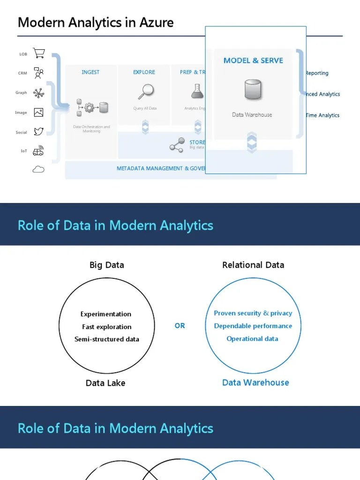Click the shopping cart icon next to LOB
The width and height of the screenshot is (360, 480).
[39, 53]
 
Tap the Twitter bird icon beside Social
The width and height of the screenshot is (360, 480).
[38, 132]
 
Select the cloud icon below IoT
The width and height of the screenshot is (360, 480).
[38, 169]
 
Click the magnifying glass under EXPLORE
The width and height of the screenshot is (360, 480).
[145, 91]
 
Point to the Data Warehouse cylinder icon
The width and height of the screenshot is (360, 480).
[253, 90]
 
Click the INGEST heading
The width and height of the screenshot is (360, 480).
[90, 72]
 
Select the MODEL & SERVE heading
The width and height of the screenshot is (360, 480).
[253, 60]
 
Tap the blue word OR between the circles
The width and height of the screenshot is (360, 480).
[180, 325]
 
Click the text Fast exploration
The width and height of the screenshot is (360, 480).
[106, 327]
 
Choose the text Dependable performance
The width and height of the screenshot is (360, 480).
[253, 326]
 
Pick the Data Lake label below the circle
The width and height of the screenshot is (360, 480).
[105, 383]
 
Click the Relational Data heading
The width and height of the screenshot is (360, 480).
[253, 265]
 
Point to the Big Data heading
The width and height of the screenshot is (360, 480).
[107, 265]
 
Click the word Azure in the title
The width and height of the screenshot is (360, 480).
[157, 22]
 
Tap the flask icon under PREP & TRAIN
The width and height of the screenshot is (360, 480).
[198, 90]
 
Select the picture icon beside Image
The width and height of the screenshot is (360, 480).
[38, 112]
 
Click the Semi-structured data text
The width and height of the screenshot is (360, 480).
[107, 339]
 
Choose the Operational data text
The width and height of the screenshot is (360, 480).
[252, 338]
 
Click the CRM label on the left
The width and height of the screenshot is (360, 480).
[23, 73]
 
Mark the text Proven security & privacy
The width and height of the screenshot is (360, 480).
[253, 313]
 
